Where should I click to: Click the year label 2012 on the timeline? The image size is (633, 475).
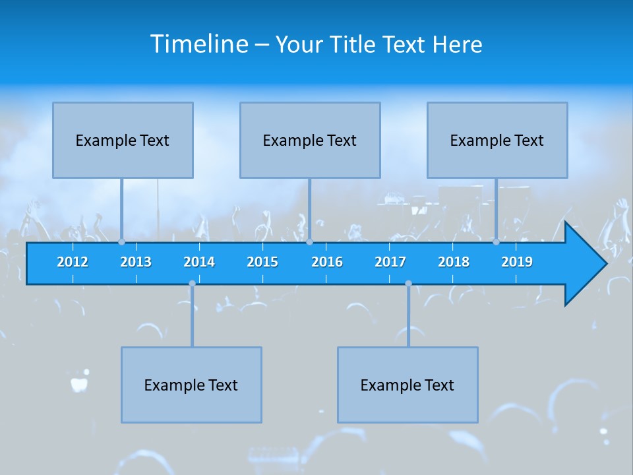[x=73, y=262]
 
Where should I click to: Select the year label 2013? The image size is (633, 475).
[x=136, y=262]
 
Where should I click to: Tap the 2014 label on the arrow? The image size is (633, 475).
[x=199, y=262]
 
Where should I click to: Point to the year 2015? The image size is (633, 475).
[x=262, y=262]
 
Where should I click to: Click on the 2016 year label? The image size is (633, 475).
[x=327, y=262]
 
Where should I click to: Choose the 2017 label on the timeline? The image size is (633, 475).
[x=390, y=262]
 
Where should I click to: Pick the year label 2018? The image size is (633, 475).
[x=454, y=262]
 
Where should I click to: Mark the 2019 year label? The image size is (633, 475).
[x=517, y=262]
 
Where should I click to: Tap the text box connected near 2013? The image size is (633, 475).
[x=123, y=140]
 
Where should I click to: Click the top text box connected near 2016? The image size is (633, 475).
[x=310, y=140]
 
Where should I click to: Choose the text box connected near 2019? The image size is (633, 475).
[x=497, y=140]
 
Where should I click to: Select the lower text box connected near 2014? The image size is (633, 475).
[x=191, y=385]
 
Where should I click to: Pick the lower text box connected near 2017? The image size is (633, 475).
[x=407, y=385]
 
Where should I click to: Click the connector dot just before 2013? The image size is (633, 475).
[x=121, y=242]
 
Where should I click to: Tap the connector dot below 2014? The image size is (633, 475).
[x=192, y=284]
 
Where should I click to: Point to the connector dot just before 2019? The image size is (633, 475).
[x=496, y=242]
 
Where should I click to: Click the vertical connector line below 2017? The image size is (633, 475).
[x=408, y=317]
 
